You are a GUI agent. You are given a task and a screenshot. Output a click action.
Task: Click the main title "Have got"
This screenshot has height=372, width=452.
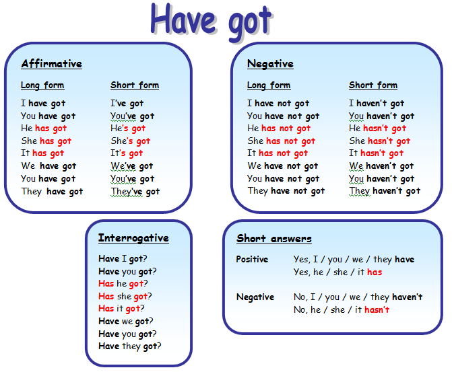(x=212, y=22)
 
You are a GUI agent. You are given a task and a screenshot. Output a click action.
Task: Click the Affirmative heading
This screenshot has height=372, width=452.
(x=52, y=64)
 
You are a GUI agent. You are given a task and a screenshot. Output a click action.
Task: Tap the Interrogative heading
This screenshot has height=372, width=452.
(x=133, y=238)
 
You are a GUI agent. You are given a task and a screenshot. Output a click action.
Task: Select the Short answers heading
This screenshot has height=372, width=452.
(x=274, y=238)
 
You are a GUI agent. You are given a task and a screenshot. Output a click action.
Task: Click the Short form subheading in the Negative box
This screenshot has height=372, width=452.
(x=373, y=85)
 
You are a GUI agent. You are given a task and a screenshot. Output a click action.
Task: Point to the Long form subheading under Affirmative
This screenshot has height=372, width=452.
(x=42, y=85)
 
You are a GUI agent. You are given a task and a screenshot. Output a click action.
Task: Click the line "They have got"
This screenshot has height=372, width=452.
(x=52, y=192)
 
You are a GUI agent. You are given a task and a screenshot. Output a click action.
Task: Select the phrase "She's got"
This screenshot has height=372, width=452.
(x=130, y=141)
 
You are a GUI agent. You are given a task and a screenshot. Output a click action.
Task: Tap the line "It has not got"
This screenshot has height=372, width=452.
(x=278, y=153)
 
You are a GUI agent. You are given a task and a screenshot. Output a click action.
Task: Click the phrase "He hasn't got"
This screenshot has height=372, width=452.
(x=377, y=128)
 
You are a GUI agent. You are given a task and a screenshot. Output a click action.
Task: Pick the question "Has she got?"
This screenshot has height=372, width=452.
(x=125, y=296)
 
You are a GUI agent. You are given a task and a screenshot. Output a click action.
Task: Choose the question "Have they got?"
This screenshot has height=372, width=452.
(x=130, y=346)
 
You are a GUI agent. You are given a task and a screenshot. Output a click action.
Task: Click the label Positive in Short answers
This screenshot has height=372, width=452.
(x=252, y=259)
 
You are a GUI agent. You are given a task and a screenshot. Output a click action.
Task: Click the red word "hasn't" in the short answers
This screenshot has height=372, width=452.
(x=377, y=310)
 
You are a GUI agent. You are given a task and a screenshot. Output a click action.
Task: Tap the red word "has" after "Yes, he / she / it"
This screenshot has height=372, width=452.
(x=375, y=272)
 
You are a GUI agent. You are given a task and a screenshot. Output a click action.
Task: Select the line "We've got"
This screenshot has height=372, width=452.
(x=132, y=166)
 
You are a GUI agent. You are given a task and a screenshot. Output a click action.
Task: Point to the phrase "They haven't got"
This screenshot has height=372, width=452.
(x=385, y=191)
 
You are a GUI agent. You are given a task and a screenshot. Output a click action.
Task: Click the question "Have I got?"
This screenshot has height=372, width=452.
(x=123, y=258)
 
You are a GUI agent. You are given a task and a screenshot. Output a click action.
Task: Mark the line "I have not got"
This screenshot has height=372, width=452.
(x=278, y=104)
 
